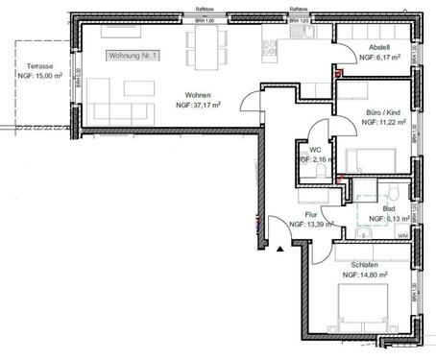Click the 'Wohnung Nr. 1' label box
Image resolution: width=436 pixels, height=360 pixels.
(134, 58)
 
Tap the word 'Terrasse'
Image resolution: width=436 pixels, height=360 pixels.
(39, 66)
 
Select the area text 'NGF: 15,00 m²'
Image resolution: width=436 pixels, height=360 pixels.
(39, 76)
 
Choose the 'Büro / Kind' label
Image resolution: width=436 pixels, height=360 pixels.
(376, 113)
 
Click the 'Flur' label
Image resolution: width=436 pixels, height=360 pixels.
(310, 215)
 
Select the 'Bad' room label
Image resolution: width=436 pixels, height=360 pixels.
(388, 208)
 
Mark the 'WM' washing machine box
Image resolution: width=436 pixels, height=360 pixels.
(401, 233)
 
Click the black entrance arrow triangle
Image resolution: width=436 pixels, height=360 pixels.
(279, 248)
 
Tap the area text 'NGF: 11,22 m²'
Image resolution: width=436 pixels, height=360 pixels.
(376, 124)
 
